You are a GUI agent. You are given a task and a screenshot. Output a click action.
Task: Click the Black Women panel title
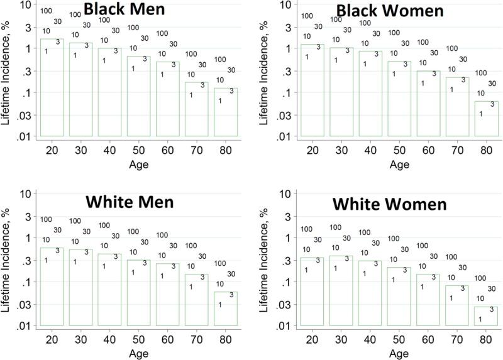[381, 11]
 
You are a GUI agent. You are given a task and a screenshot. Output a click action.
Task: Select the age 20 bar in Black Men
[52, 88]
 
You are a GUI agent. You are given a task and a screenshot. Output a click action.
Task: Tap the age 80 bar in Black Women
[485, 119]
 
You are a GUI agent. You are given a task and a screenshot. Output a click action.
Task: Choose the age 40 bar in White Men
[110, 290]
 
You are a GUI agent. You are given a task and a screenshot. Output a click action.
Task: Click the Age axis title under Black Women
[399, 165]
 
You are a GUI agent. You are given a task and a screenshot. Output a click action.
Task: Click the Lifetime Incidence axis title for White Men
[6, 260]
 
